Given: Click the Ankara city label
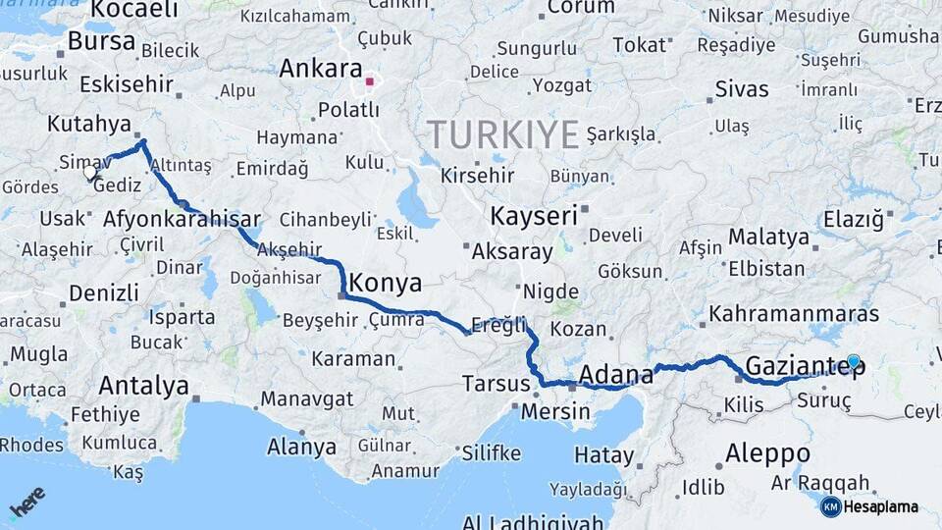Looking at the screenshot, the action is [x=321, y=69].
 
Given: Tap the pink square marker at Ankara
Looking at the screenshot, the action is [x=370, y=82].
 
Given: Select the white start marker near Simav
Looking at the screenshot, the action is [x=90, y=173].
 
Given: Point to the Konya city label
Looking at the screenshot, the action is [x=386, y=285].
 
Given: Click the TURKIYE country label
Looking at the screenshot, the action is [x=502, y=134].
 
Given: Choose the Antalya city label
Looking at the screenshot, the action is [x=143, y=386].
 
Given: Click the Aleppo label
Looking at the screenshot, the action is [x=767, y=453].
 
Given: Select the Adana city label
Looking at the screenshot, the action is [x=616, y=374].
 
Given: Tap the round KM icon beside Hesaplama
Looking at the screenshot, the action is [x=830, y=506].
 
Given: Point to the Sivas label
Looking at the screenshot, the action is [x=742, y=89].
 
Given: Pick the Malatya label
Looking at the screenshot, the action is [x=768, y=237].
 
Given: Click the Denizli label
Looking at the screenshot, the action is [x=103, y=291].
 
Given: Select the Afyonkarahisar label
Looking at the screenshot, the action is [x=182, y=219].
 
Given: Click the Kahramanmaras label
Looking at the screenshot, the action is [x=794, y=314].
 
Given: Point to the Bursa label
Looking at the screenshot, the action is [x=101, y=42].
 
